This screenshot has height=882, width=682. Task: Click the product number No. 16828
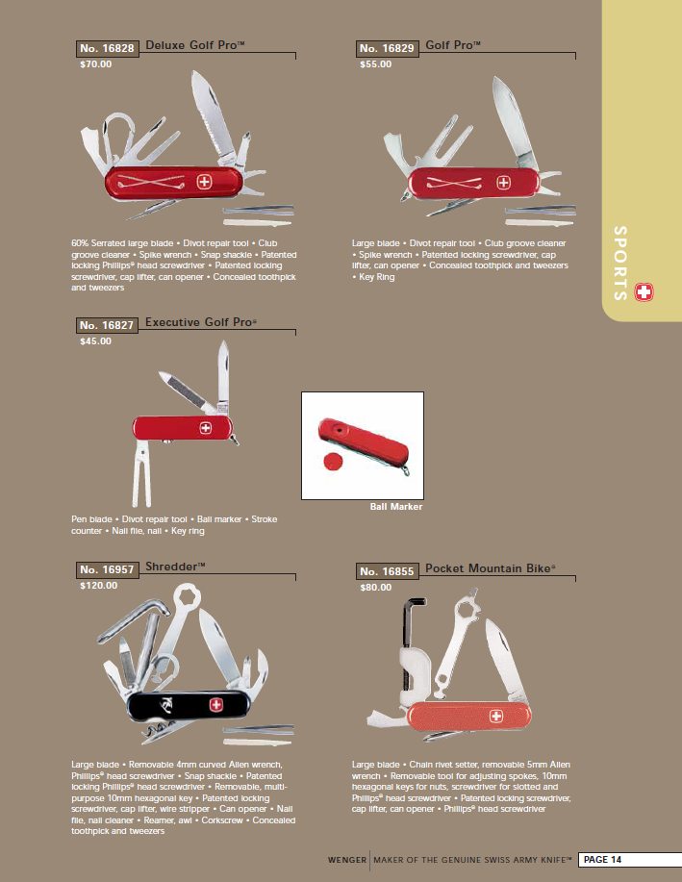(107, 48)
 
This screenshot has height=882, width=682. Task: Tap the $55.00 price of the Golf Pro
(375, 64)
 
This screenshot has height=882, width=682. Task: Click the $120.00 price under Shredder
(98, 586)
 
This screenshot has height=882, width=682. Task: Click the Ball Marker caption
(396, 506)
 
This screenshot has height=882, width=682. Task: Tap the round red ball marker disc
(333, 462)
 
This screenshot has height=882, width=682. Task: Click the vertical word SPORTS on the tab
(619, 264)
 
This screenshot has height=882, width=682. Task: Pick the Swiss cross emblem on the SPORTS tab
(644, 292)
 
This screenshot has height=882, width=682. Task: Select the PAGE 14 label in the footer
(603, 860)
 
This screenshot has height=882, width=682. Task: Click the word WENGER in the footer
(346, 860)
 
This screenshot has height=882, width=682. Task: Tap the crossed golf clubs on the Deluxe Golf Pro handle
(151, 182)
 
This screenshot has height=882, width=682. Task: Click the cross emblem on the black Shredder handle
(216, 705)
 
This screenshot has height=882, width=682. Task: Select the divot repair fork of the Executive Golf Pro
(141, 474)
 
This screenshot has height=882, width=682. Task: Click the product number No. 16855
(387, 571)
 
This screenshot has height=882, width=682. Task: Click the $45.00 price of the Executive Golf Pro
(95, 340)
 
